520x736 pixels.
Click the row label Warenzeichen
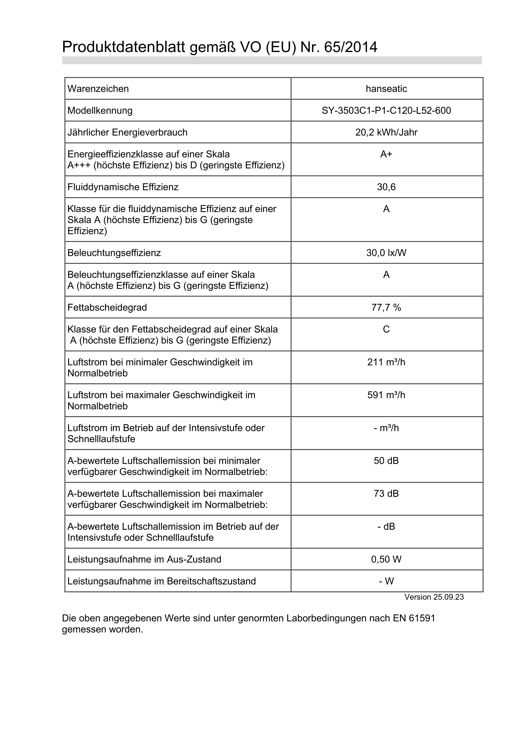[x=98, y=89]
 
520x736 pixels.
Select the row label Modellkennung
[x=100, y=111]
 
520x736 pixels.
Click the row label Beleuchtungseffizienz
[x=114, y=253]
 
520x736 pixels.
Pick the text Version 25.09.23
[x=434, y=597]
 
